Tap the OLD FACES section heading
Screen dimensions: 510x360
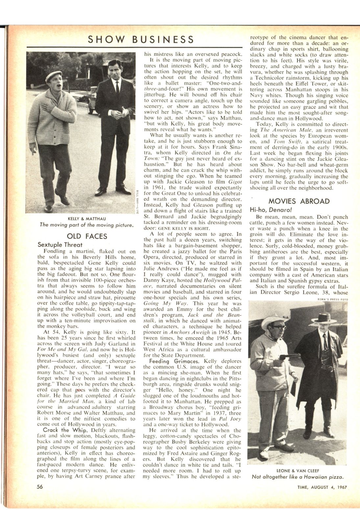[x=87, y=236]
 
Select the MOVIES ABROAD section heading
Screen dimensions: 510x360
[x=299, y=201]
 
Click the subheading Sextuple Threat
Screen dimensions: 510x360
[x=60, y=245]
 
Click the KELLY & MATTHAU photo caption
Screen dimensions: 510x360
[x=87, y=218]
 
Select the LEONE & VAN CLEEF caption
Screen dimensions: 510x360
[x=298, y=470]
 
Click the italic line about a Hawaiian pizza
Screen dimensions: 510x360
[x=298, y=477]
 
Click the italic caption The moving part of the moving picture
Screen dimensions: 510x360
[x=87, y=225]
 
